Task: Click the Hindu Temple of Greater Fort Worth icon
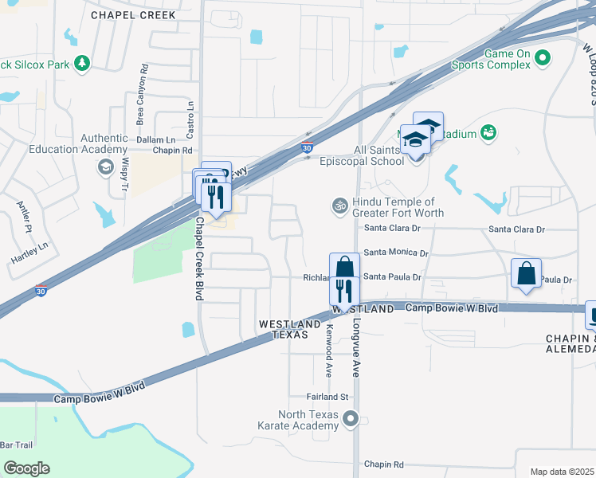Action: point(339,206)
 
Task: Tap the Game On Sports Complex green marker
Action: point(543,58)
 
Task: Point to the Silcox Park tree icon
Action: point(80,62)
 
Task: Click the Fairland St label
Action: point(328,396)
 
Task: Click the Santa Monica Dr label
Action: point(396,253)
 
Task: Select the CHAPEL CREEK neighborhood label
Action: point(132,15)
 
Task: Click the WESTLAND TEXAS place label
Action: point(283,329)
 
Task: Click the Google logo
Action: point(26,468)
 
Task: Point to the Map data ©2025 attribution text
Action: point(563,472)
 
